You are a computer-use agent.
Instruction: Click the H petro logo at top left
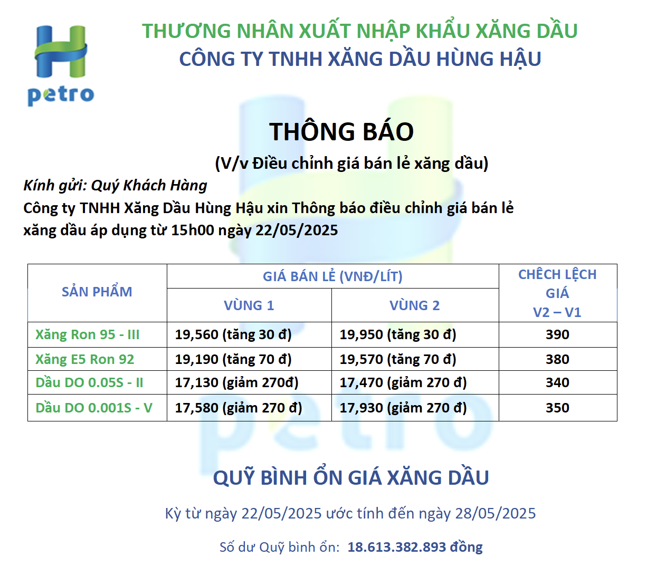point(61,65)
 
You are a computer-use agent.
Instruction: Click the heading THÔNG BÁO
point(341,131)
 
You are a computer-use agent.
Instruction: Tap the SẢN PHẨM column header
point(97,292)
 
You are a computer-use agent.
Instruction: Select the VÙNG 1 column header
point(249,305)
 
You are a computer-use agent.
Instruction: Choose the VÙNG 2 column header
point(414,305)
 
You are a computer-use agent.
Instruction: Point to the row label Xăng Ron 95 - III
point(87,334)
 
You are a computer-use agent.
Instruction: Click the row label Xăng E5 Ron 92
point(84,359)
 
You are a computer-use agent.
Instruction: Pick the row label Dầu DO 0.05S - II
point(89,382)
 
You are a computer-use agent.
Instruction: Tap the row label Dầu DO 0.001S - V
point(94,408)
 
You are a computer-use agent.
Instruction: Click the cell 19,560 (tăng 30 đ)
point(233,334)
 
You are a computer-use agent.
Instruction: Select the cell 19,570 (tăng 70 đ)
point(398,359)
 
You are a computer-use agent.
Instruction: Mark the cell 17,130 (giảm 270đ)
point(236,382)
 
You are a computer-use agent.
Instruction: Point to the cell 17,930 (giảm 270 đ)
point(403,408)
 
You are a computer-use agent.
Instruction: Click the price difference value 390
point(557,334)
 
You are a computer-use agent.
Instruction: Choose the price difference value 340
point(557,382)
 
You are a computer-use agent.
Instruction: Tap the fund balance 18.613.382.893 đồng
point(415,548)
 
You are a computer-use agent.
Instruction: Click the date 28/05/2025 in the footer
point(496,513)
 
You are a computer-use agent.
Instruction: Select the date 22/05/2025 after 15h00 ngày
point(297,230)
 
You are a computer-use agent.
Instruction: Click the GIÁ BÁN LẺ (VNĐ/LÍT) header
point(332,276)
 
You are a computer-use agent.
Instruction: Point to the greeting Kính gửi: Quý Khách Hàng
point(115,186)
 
